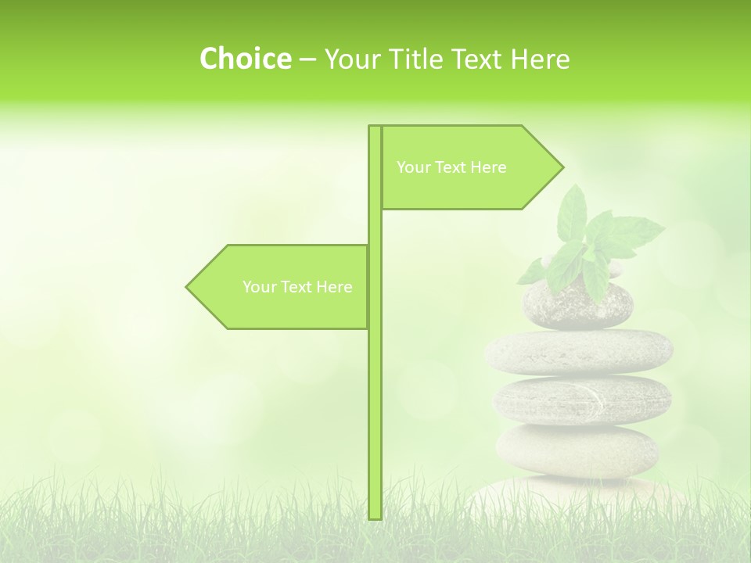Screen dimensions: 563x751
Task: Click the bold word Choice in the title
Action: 245,59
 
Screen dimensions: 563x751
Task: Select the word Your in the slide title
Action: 354,59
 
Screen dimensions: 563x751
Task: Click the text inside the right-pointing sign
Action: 451,167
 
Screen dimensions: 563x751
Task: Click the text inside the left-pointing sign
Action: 297,287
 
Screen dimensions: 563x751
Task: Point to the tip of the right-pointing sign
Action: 562,167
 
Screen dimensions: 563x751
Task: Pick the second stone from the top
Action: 579,350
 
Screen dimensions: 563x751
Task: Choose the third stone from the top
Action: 582,400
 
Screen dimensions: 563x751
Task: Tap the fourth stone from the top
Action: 577,450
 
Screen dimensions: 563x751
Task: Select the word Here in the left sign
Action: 335,287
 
